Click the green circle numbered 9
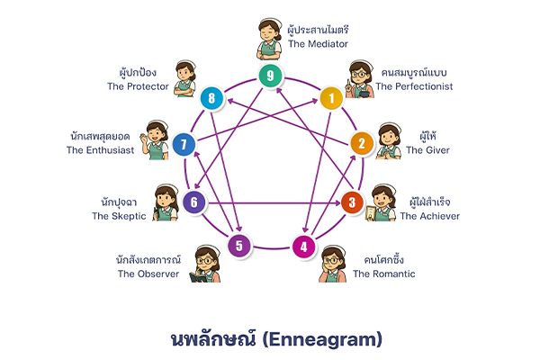270,76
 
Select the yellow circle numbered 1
331,97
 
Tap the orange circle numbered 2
361,143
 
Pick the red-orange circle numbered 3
352,202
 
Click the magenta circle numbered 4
304,246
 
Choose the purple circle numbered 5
238,245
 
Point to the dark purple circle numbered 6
193,202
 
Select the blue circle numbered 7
184,144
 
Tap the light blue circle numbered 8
211,97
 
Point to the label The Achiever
429,216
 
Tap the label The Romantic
384,274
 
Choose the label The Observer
148,274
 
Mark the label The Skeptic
112,216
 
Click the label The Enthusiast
101,150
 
